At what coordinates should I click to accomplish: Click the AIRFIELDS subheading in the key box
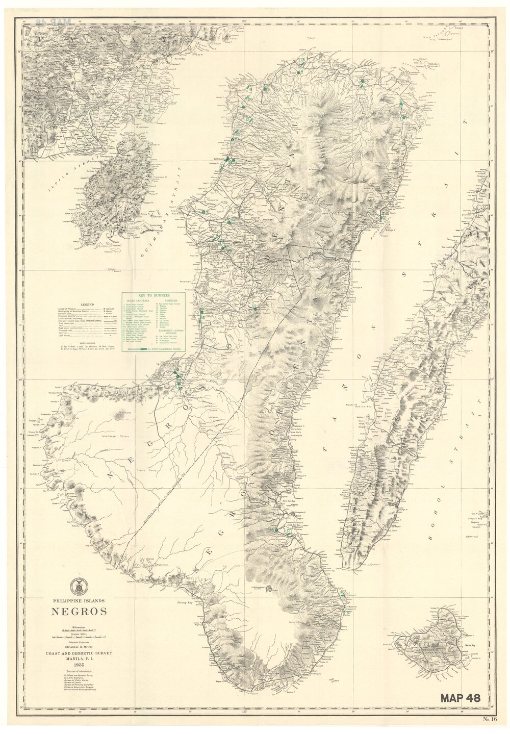click(169, 301)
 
